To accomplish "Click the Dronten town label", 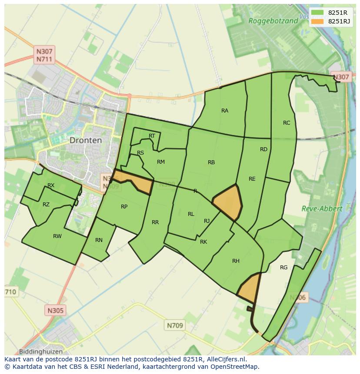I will click(x=85, y=140).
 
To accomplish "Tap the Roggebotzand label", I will click(x=273, y=20).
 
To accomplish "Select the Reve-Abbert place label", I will click(x=322, y=209).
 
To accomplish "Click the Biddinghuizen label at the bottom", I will click(x=41, y=351).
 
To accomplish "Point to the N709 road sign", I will click(x=175, y=325).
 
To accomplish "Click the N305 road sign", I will click(x=55, y=310).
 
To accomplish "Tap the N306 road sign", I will click(x=298, y=298).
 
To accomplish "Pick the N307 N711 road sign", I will click(x=44, y=55).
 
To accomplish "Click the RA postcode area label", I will click(x=224, y=111).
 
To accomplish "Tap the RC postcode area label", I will click(x=286, y=123).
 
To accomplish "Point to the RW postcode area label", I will click(x=57, y=236).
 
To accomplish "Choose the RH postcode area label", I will click(x=236, y=261).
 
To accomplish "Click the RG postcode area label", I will click(x=283, y=268).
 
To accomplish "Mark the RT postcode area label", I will click(x=152, y=136).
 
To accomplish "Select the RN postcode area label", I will click(x=99, y=240).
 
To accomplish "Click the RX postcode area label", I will click(x=51, y=185).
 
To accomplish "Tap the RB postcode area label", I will click(x=211, y=162).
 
